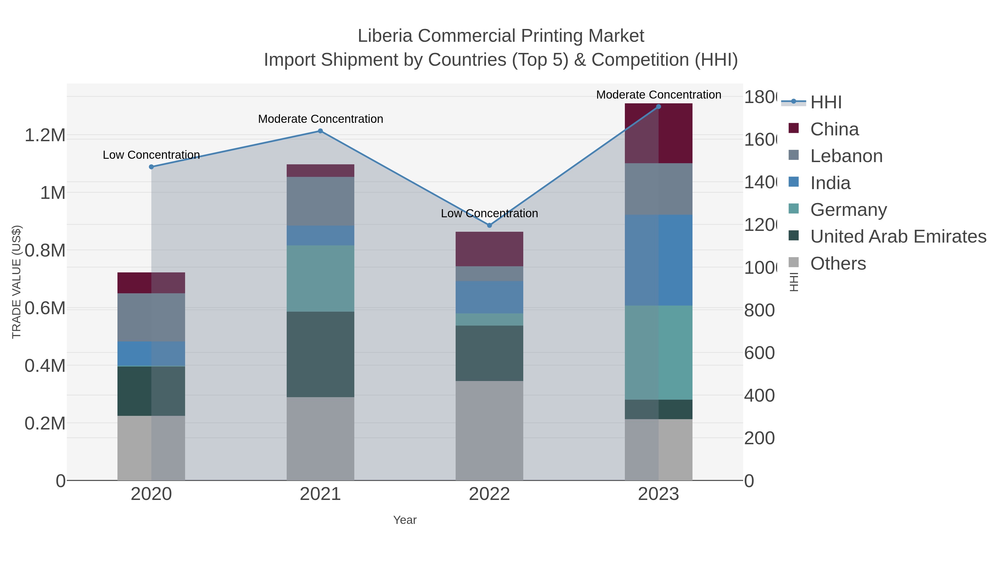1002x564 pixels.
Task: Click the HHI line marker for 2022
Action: [x=489, y=225]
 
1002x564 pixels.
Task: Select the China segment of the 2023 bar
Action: [x=658, y=133]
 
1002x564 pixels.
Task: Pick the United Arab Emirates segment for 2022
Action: [x=489, y=353]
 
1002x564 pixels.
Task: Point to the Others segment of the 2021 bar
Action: [x=320, y=438]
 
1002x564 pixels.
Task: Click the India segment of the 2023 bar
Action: [x=658, y=260]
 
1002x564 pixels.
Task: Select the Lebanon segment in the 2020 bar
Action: [x=151, y=317]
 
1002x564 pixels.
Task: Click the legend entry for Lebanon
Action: [x=846, y=156]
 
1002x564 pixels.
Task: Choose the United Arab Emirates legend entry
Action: [x=898, y=237]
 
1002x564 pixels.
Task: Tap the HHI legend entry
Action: [x=826, y=102]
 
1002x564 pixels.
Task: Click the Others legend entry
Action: [x=838, y=263]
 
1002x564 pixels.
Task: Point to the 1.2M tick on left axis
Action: [x=45, y=136]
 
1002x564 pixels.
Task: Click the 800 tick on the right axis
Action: [x=759, y=311]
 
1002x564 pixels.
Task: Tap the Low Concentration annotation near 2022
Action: [x=489, y=213]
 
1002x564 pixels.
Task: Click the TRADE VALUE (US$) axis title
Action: [x=17, y=282]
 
